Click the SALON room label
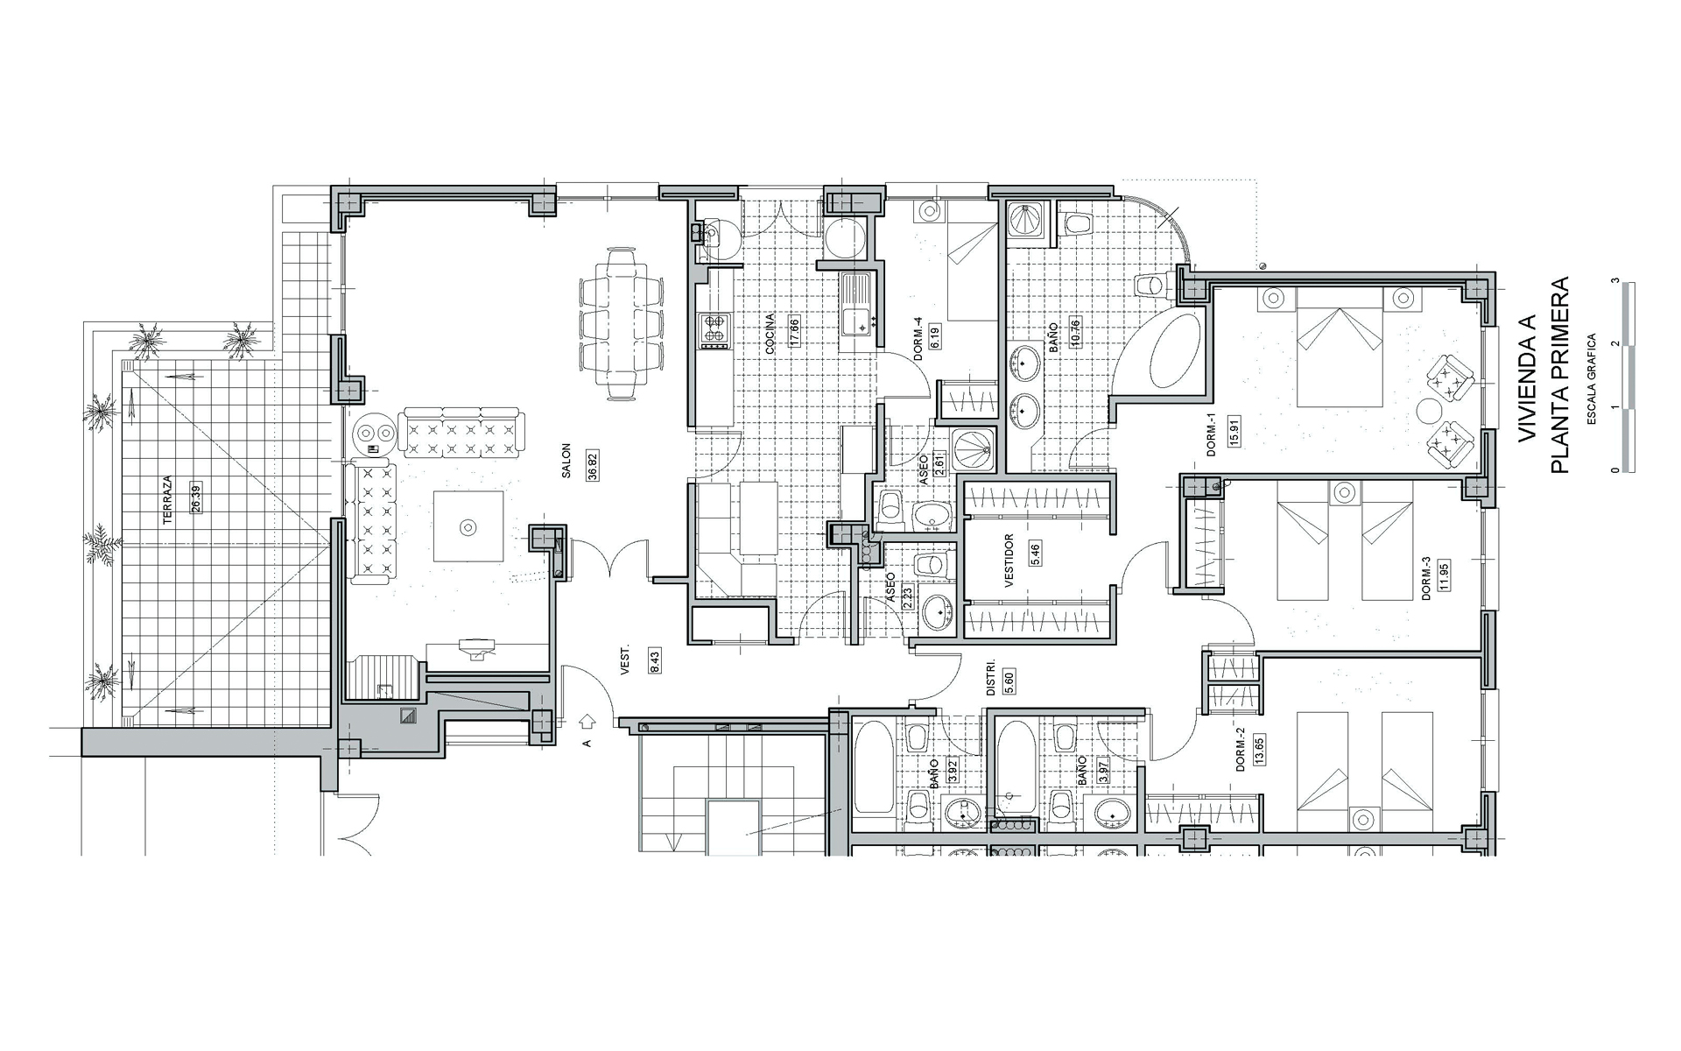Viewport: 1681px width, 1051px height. [566, 461]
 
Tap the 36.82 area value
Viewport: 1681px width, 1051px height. [593, 462]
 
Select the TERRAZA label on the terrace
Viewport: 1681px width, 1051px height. [167, 500]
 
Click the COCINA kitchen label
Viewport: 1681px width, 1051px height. [770, 333]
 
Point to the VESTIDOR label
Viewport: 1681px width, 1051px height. [1009, 561]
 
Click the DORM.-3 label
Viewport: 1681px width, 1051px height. [1426, 578]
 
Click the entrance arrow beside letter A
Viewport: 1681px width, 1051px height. [587, 721]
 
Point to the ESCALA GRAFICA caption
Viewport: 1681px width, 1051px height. [1591, 378]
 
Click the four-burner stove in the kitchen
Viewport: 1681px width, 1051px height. [714, 330]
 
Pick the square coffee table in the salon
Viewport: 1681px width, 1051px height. [468, 526]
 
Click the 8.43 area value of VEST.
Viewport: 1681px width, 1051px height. [654, 660]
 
